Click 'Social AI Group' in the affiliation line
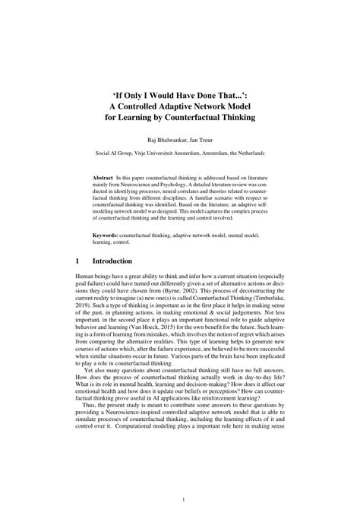pos(116,153)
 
